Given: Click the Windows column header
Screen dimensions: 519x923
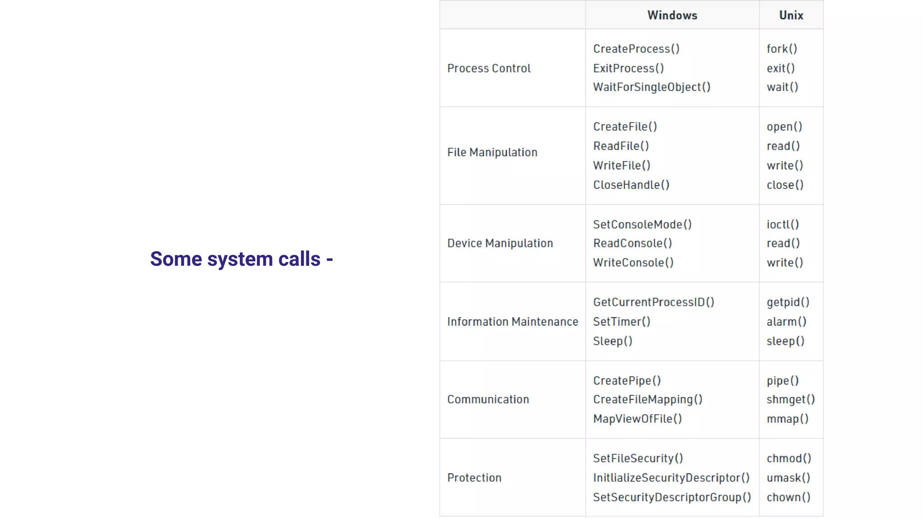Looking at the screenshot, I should (x=672, y=15).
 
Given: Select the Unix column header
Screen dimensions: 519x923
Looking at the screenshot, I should (x=791, y=15).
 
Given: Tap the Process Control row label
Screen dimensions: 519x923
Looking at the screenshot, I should (x=489, y=68).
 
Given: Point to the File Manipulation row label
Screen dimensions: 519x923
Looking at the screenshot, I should (x=492, y=153).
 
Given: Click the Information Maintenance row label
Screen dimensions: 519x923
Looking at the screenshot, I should (x=512, y=322).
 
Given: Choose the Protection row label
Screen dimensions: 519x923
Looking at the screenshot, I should (x=474, y=478).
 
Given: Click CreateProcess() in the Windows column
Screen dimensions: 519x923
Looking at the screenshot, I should (x=636, y=49).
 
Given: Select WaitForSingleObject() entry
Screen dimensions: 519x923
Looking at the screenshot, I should (x=651, y=87).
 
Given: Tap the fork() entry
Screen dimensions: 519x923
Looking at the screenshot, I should (x=781, y=49).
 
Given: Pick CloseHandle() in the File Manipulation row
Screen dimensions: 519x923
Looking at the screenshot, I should (x=631, y=185).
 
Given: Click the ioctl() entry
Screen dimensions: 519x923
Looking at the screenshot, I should (x=782, y=224).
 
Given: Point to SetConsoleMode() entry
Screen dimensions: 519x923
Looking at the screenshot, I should (x=642, y=224).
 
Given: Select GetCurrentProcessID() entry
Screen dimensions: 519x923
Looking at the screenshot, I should (x=653, y=302).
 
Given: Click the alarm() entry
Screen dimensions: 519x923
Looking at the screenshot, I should (x=786, y=322).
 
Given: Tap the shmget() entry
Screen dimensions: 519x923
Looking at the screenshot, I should (x=790, y=400).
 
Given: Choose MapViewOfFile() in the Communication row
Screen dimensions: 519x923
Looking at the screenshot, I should (x=637, y=419).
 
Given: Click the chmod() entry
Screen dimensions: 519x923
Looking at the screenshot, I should (x=789, y=459).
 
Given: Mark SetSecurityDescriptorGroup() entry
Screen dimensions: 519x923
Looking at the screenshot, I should (x=672, y=497).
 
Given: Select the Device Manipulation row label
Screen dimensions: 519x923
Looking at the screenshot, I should (x=500, y=244).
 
